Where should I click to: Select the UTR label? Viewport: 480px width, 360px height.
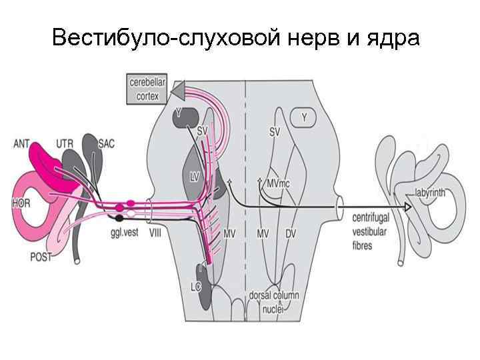65,143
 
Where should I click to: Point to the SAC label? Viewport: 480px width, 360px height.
106,143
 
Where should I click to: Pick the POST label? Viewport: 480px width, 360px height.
41,257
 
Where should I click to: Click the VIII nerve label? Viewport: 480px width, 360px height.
155,233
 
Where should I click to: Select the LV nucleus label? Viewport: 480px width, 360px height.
195,177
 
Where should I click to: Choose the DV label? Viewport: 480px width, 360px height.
291,233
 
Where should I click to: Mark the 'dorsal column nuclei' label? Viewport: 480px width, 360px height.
273,301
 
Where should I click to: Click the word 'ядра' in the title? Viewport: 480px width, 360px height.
393,38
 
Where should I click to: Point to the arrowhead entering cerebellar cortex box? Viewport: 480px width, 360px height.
177,90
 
